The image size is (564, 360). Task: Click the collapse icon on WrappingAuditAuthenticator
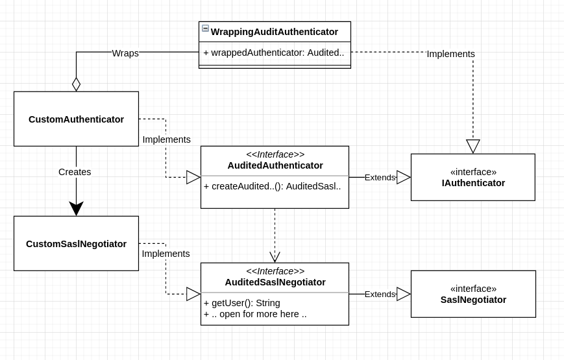click(x=205, y=29)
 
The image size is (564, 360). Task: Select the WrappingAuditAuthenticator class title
click(x=274, y=32)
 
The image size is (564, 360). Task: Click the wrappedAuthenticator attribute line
click(x=273, y=53)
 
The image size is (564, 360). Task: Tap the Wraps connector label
click(x=125, y=53)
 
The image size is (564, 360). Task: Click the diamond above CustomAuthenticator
click(x=76, y=84)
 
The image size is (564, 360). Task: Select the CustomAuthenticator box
click(x=76, y=119)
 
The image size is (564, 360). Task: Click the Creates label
click(x=75, y=172)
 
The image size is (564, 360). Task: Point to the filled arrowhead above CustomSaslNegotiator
click(x=76, y=208)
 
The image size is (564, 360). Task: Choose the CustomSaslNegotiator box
click(x=76, y=244)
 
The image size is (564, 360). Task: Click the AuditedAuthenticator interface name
click(x=275, y=165)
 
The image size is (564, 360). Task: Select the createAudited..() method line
click(x=272, y=186)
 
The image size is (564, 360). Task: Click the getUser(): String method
click(x=241, y=303)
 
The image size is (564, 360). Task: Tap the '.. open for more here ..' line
click(x=255, y=314)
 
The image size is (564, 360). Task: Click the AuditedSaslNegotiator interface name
click(x=275, y=282)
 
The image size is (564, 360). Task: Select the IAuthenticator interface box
click(x=472, y=177)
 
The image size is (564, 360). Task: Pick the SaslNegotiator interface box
click(x=473, y=294)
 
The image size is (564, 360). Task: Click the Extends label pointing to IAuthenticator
click(x=380, y=177)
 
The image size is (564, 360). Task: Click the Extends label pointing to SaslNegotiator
click(x=380, y=294)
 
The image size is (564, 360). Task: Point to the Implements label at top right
click(x=450, y=54)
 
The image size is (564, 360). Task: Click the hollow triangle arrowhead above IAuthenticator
click(x=473, y=146)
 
